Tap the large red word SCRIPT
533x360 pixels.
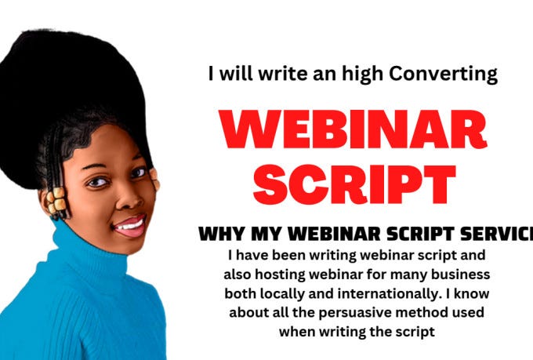point(354,185)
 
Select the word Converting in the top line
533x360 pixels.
point(450,75)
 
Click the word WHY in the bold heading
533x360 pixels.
point(218,234)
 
